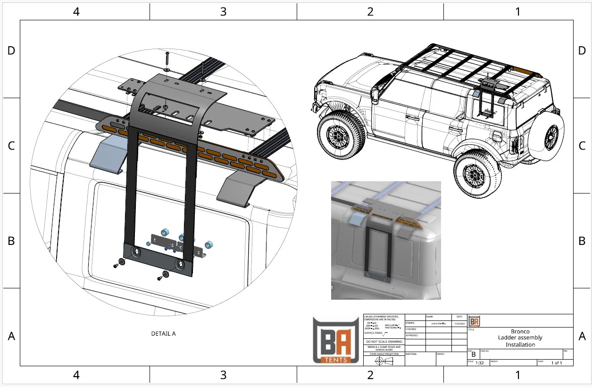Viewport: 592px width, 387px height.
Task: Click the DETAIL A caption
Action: click(163, 334)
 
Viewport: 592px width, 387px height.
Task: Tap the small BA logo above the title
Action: click(475, 321)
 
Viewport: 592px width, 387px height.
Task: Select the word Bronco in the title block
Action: click(520, 331)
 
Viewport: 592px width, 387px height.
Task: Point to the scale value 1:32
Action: click(480, 363)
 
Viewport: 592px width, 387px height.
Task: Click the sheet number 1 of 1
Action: click(557, 363)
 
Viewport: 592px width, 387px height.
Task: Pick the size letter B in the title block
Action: click(474, 354)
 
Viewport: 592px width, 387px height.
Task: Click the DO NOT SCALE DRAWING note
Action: click(384, 341)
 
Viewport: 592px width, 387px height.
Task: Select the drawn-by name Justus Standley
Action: click(438, 324)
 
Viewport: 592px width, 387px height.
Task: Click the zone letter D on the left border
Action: click(11, 50)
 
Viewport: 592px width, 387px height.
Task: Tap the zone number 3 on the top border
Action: click(223, 11)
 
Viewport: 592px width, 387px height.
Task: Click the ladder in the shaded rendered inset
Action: click(377, 252)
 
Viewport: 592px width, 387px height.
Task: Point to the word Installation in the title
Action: click(520, 345)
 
